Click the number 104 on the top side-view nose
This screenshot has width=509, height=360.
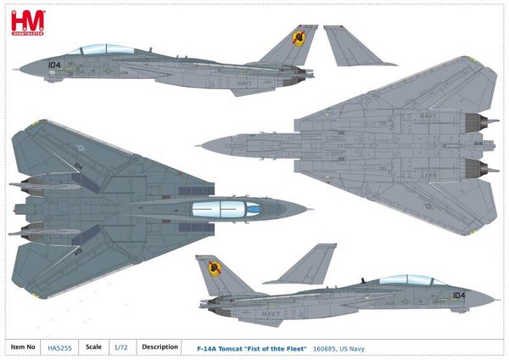click(x=54, y=64)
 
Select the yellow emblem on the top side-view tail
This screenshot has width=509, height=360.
click(x=298, y=37)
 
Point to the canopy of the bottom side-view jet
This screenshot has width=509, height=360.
click(x=406, y=280)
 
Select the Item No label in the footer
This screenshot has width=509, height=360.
click(x=22, y=346)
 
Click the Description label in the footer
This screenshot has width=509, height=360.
click(x=159, y=346)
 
